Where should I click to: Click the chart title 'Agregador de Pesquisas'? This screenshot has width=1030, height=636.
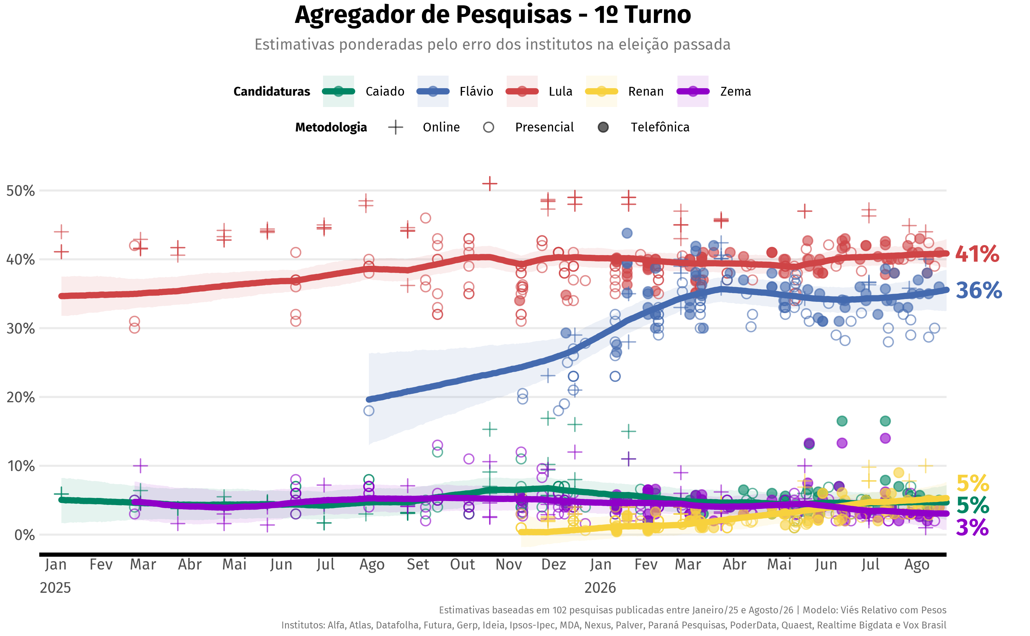(x=433, y=15)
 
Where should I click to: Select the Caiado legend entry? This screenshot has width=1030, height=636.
(x=364, y=91)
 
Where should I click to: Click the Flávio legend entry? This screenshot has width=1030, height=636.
(x=455, y=91)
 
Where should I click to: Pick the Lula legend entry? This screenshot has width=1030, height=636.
(x=539, y=91)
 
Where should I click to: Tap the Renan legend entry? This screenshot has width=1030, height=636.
(x=624, y=91)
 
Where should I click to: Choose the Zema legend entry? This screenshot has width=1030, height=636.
(x=714, y=91)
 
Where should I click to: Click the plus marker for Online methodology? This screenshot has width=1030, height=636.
(x=396, y=127)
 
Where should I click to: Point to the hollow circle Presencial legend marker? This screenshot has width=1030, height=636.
(x=488, y=127)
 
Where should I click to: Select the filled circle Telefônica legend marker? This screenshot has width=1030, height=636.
(x=603, y=127)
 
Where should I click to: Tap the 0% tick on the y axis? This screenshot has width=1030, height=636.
(x=24, y=535)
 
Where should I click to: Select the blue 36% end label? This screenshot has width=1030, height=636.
(x=979, y=290)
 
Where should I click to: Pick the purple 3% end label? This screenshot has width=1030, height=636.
(x=972, y=527)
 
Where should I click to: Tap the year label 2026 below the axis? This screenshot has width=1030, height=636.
(x=600, y=588)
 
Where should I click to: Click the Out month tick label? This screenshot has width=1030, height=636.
(x=462, y=564)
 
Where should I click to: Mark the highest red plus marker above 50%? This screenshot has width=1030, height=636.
(x=490, y=184)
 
